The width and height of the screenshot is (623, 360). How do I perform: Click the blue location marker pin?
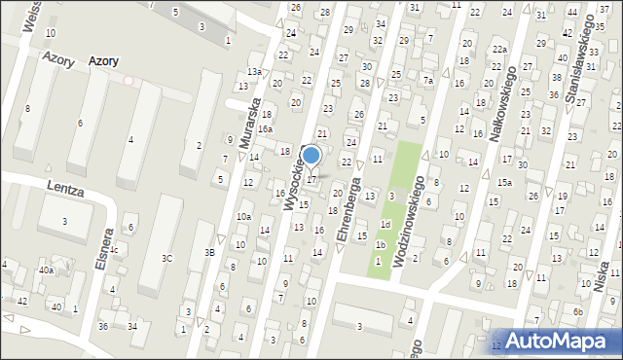click(x=311, y=156)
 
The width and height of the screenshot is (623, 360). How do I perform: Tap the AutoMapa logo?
click(x=557, y=340)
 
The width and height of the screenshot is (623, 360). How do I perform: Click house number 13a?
click(x=254, y=72)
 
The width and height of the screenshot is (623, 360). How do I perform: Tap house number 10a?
click(x=243, y=217)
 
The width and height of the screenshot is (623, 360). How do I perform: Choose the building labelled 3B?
click(x=209, y=252)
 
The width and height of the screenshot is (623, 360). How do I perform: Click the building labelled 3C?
click(x=166, y=258)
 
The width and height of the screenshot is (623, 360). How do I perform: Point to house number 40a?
click(x=46, y=270)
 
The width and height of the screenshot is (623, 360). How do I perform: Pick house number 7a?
click(x=427, y=81)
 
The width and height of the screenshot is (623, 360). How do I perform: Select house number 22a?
click(x=499, y=50)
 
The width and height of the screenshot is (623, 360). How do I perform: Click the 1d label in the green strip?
click(x=385, y=225)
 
